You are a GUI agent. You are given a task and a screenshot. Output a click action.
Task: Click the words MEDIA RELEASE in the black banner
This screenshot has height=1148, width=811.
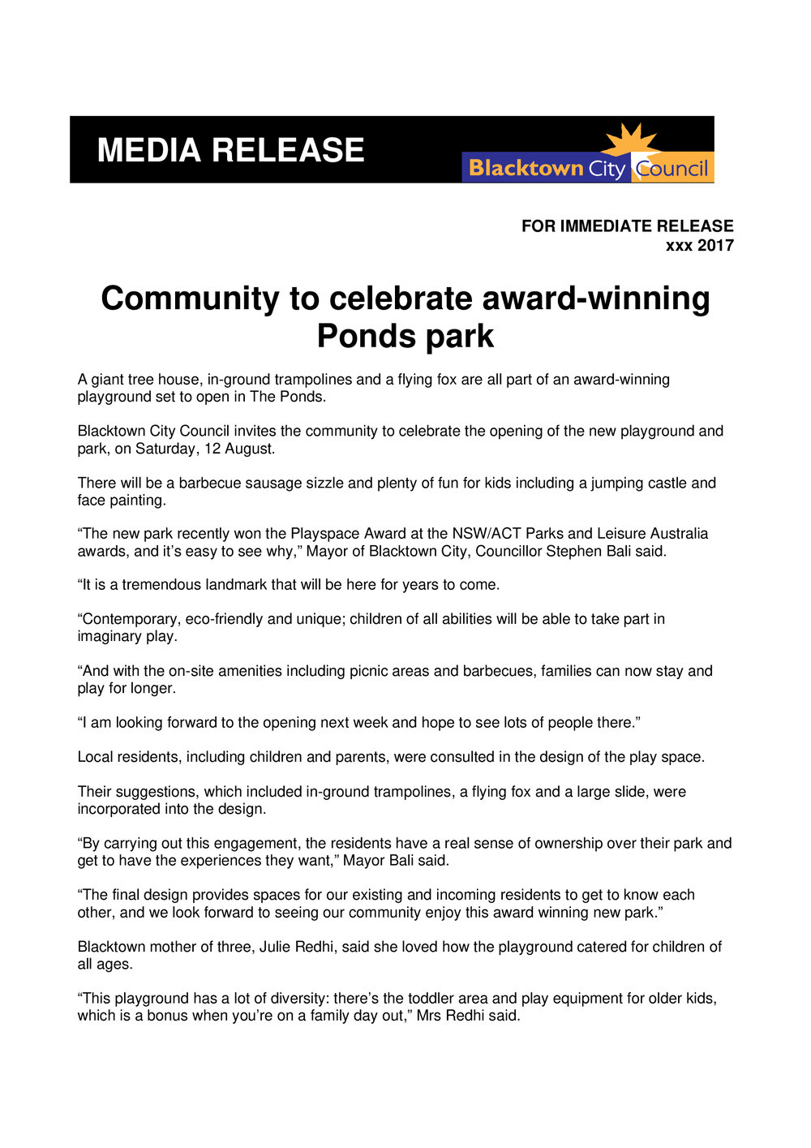point(230,151)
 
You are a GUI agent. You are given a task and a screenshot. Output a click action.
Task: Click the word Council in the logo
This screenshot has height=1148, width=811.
point(672,169)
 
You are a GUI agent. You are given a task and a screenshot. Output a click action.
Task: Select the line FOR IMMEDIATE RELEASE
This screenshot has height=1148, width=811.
point(627,226)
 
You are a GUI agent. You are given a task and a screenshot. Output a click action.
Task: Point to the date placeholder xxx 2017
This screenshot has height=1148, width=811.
point(699,246)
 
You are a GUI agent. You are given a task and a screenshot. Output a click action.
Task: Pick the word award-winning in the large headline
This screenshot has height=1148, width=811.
point(596,299)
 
